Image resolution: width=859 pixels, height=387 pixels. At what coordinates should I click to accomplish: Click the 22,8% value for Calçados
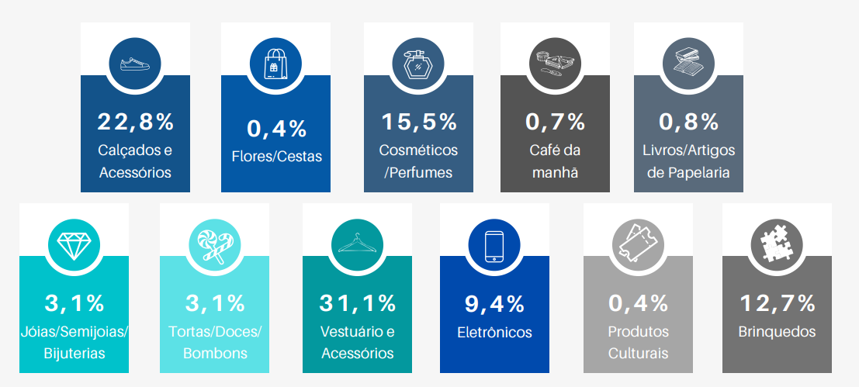[x=136, y=122]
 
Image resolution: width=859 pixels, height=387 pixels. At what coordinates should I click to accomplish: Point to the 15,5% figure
[x=419, y=122]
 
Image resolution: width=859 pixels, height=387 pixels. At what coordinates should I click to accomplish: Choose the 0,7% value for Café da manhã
[x=555, y=122]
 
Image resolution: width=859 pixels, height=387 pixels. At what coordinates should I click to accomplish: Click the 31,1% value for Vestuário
[x=358, y=302]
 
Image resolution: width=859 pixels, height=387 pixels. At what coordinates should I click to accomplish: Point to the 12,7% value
[x=778, y=302]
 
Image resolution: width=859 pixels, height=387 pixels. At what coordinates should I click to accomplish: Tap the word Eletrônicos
[x=495, y=333]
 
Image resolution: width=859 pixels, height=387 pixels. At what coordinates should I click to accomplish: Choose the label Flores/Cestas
[x=276, y=157]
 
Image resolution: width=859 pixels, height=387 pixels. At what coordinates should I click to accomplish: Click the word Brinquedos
[x=778, y=332]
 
